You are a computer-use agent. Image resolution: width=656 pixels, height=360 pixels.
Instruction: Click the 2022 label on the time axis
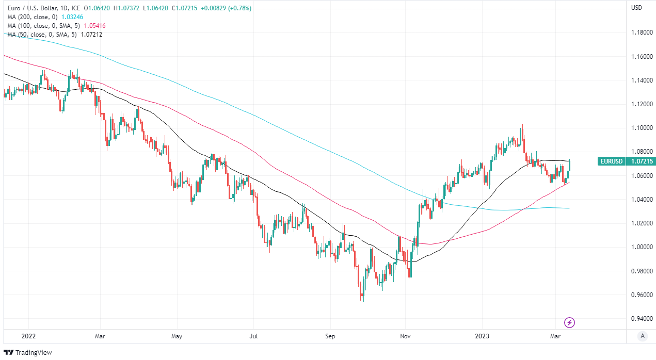click(x=28, y=336)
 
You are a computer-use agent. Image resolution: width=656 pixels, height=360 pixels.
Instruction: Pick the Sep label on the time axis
click(x=330, y=336)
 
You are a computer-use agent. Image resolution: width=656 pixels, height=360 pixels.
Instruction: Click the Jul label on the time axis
click(x=254, y=336)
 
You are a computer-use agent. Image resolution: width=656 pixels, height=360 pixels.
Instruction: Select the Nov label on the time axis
click(x=406, y=336)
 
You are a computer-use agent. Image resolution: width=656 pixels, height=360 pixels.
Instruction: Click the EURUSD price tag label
click(x=612, y=161)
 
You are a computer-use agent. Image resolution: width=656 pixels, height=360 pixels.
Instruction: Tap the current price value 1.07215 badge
click(x=641, y=161)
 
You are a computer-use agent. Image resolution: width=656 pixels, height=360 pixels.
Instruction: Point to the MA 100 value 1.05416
click(x=95, y=26)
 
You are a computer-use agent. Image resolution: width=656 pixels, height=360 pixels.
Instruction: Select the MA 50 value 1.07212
click(x=91, y=35)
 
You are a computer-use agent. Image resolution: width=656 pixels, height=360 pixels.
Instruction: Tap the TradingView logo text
click(x=34, y=353)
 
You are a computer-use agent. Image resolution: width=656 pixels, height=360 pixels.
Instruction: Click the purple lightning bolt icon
click(x=569, y=323)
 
